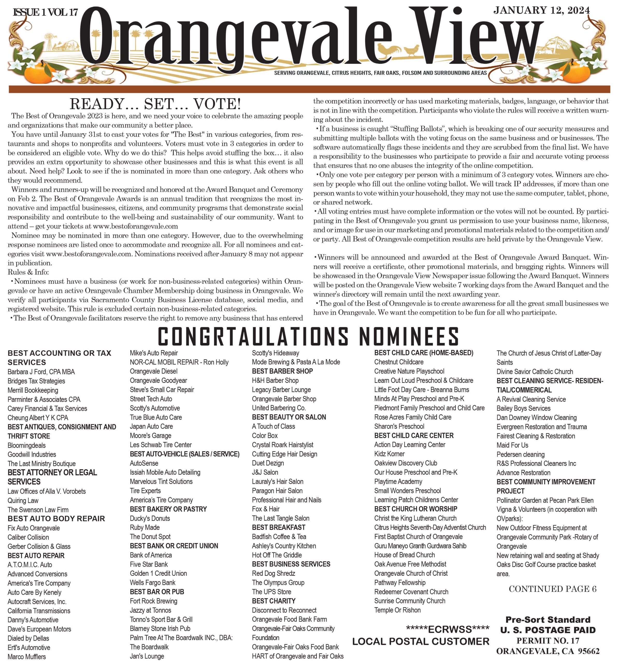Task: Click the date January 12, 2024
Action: pos(541,11)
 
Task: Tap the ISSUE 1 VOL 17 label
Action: pos(45,13)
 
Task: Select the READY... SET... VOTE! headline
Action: pos(155,104)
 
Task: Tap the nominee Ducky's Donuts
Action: pos(150,518)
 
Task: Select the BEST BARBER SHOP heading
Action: pos(282,371)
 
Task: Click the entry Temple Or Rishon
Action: pos(397,610)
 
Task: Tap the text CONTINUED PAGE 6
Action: pos(552,589)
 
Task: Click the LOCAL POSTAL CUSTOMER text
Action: pos(421,641)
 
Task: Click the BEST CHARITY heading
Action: pos(273,601)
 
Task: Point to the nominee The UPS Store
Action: pos(271,592)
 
